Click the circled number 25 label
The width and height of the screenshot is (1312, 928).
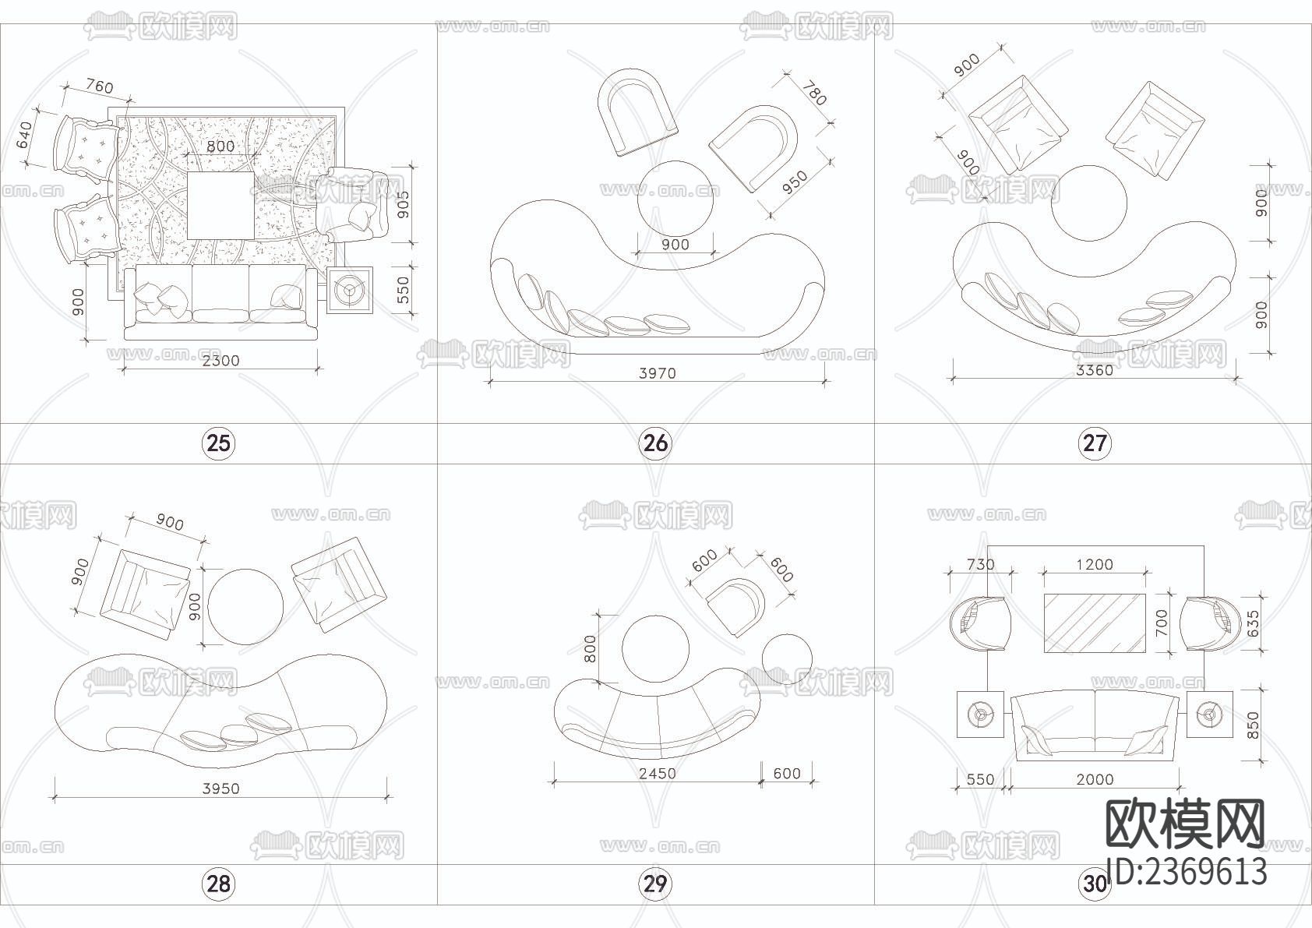coord(218,443)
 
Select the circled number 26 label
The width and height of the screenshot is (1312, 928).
coord(655,443)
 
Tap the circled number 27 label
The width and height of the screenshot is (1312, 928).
coord(1094,443)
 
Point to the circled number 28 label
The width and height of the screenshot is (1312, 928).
coord(218,883)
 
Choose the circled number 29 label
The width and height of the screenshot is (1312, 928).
coord(655,883)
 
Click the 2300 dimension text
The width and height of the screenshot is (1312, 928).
coord(220,360)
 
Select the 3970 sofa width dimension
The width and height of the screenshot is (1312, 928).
coord(658,373)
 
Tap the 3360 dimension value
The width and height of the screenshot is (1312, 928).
coord(1095,370)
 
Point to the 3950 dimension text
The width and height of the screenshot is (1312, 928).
coord(220,789)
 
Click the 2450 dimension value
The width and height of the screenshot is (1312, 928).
coord(658,773)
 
